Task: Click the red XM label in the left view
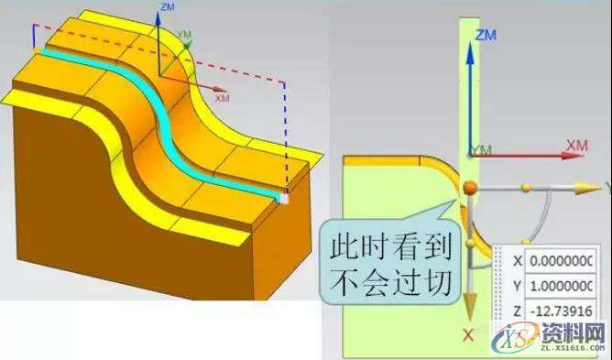[222, 95]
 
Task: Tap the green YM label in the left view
[186, 35]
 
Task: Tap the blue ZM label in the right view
[486, 35]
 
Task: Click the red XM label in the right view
[576, 146]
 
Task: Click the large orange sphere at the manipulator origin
[469, 189]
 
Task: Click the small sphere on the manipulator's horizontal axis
[525, 188]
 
